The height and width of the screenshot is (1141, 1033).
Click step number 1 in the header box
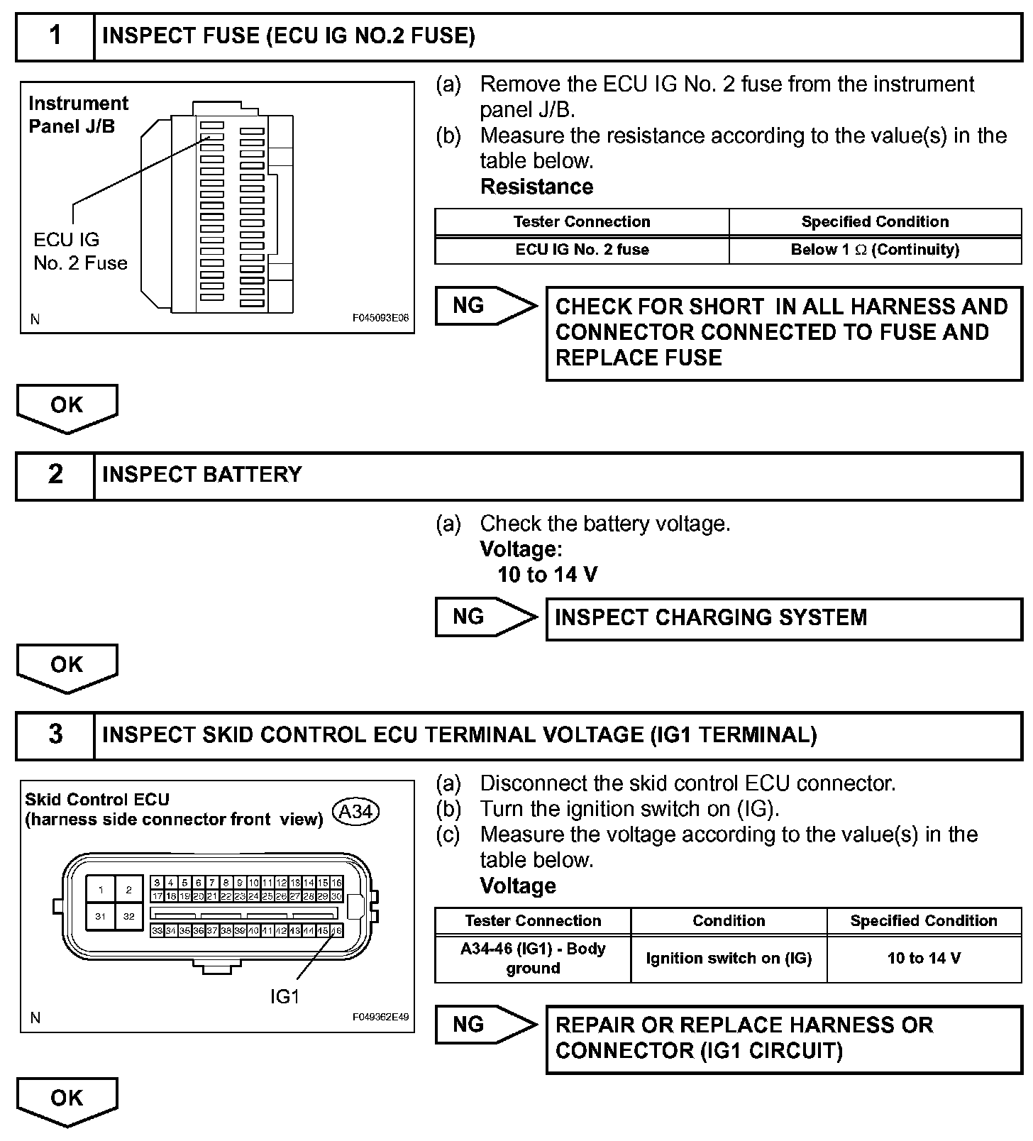[55, 36]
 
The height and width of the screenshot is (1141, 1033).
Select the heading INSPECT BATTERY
[202, 475]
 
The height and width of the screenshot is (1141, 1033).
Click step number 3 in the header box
[55, 734]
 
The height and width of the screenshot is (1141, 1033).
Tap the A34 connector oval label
[356, 811]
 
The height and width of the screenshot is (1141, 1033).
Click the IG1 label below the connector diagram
[285, 997]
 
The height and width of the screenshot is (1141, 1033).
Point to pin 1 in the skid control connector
[101, 890]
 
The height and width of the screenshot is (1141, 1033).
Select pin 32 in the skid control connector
[128, 916]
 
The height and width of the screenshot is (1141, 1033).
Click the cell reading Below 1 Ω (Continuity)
[875, 250]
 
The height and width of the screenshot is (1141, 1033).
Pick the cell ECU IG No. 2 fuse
[582, 250]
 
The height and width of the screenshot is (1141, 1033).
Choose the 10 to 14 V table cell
[924, 958]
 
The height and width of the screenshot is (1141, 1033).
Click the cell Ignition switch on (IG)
[729, 958]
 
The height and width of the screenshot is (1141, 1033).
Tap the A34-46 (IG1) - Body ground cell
[533, 958]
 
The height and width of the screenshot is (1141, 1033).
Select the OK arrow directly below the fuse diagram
[67, 407]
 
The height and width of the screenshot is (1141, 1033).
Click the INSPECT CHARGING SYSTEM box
[783, 618]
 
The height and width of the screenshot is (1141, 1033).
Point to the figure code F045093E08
[380, 319]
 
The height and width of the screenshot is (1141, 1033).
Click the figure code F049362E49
[380, 1017]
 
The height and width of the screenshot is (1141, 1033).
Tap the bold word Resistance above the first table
[537, 187]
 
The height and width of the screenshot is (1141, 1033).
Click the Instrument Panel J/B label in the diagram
[78, 115]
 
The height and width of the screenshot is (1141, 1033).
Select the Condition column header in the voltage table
[729, 921]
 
